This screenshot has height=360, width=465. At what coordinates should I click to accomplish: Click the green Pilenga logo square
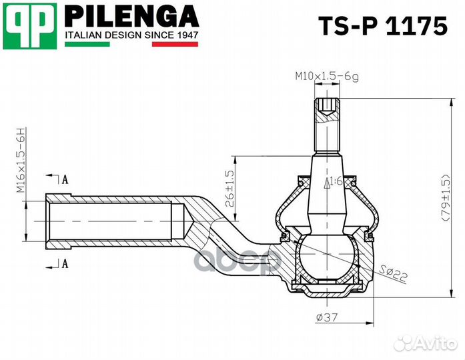pyautogui.click(x=29, y=26)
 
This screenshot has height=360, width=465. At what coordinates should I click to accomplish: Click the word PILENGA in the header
pyautogui.click(x=131, y=16)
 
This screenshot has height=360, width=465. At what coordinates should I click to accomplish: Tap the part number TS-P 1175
pyautogui.click(x=383, y=26)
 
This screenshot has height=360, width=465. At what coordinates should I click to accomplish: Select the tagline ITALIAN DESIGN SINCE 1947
pyautogui.click(x=131, y=35)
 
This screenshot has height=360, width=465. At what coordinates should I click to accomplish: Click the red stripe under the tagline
pyautogui.click(x=175, y=44)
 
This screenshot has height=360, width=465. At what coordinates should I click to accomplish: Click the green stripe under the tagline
pyautogui.click(x=87, y=44)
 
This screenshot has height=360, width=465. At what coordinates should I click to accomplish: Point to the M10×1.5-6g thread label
pyautogui.click(x=326, y=77)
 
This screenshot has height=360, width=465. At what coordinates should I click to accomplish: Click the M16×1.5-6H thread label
pyautogui.click(x=21, y=160)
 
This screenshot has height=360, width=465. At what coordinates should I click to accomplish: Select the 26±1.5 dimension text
pyautogui.click(x=229, y=188)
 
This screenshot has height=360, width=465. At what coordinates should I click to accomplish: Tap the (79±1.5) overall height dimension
pyautogui.click(x=446, y=197)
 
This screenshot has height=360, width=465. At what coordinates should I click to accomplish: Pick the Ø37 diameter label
pyautogui.click(x=326, y=317)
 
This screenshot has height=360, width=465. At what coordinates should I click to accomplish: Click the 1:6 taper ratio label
pyautogui.click(x=336, y=181)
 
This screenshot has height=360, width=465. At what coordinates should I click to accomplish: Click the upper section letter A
pyautogui.click(x=65, y=179)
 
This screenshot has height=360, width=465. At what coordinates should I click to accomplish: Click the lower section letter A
pyautogui.click(x=65, y=263)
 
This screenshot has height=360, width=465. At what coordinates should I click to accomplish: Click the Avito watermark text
pyautogui.click(x=436, y=343)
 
